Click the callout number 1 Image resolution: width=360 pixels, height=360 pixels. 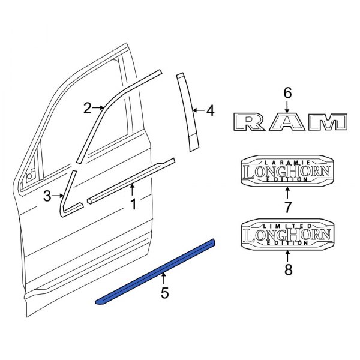(x=133, y=205)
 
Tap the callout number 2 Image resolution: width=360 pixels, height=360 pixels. (x=88, y=108)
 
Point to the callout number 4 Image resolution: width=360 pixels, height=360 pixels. (x=209, y=110)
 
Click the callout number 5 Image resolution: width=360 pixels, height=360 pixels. (x=164, y=293)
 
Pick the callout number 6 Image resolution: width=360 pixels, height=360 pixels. (x=287, y=92)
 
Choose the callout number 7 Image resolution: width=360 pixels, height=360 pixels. (x=287, y=208)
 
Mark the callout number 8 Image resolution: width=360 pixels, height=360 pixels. (x=287, y=269)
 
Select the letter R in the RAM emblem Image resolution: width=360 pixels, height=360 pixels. (x=249, y=123)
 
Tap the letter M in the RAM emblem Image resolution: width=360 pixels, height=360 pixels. (x=328, y=123)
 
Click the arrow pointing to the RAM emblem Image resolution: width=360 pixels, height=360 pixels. (x=287, y=107)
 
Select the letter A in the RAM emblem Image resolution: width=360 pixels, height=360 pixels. (x=288, y=123)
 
